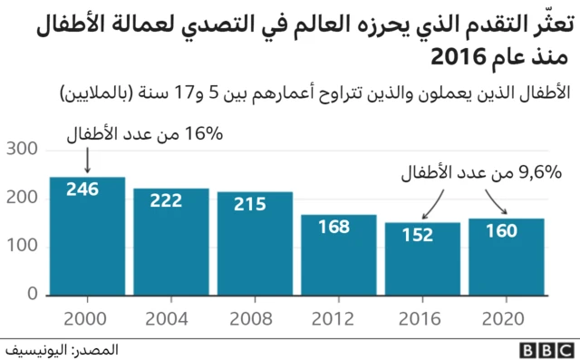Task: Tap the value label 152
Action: click(418, 235)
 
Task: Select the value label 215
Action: click(250, 204)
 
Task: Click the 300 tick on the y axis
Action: click(21, 149)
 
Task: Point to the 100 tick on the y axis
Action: click(21, 247)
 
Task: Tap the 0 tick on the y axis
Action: click(31, 295)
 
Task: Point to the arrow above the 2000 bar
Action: click(87, 160)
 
